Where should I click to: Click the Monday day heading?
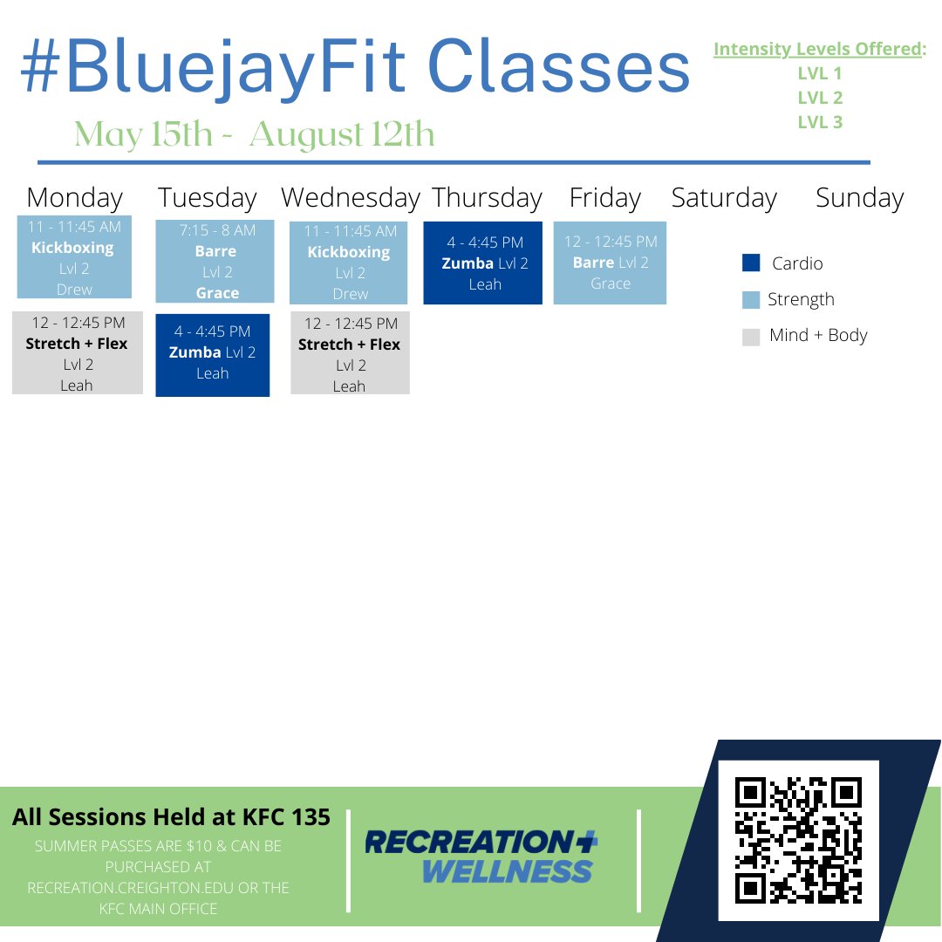pyautogui.click(x=75, y=198)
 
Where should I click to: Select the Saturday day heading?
pyautogui.click(x=724, y=198)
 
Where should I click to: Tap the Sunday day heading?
pyautogui.click(x=859, y=198)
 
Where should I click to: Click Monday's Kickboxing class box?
pyautogui.click(x=74, y=256)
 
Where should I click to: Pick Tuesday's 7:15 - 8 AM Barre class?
pyautogui.click(x=215, y=261)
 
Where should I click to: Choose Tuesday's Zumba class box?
pyautogui.click(x=213, y=354)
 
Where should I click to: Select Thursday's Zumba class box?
pyautogui.click(x=483, y=263)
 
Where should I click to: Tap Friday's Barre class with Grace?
pyautogui.click(x=610, y=263)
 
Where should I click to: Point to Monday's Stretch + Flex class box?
pyautogui.click(x=77, y=353)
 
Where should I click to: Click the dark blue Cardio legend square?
pyautogui.click(x=751, y=263)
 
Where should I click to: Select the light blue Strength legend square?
pyautogui.click(x=751, y=300)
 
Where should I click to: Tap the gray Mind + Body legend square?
pyautogui.click(x=751, y=337)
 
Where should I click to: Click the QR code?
pyautogui.click(x=798, y=840)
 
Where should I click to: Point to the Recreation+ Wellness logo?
pyautogui.click(x=481, y=856)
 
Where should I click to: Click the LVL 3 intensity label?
pyautogui.click(x=820, y=122)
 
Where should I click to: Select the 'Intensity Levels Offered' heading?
pyautogui.click(x=818, y=50)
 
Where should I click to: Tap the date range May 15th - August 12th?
pyautogui.click(x=254, y=134)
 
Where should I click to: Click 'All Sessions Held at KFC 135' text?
pyautogui.click(x=171, y=817)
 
